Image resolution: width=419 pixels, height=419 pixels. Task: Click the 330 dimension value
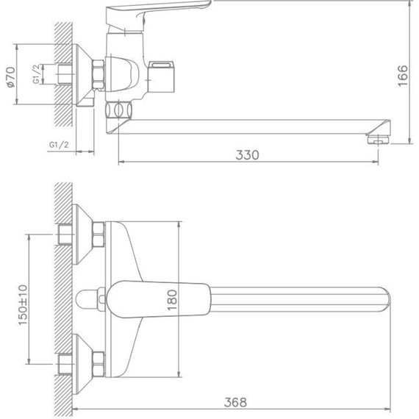tap(248, 154)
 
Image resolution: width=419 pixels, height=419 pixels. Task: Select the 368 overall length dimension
tap(236, 403)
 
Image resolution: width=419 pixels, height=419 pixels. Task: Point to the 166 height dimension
tap(403, 74)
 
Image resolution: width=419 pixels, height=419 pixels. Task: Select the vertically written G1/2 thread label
tap(37, 74)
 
